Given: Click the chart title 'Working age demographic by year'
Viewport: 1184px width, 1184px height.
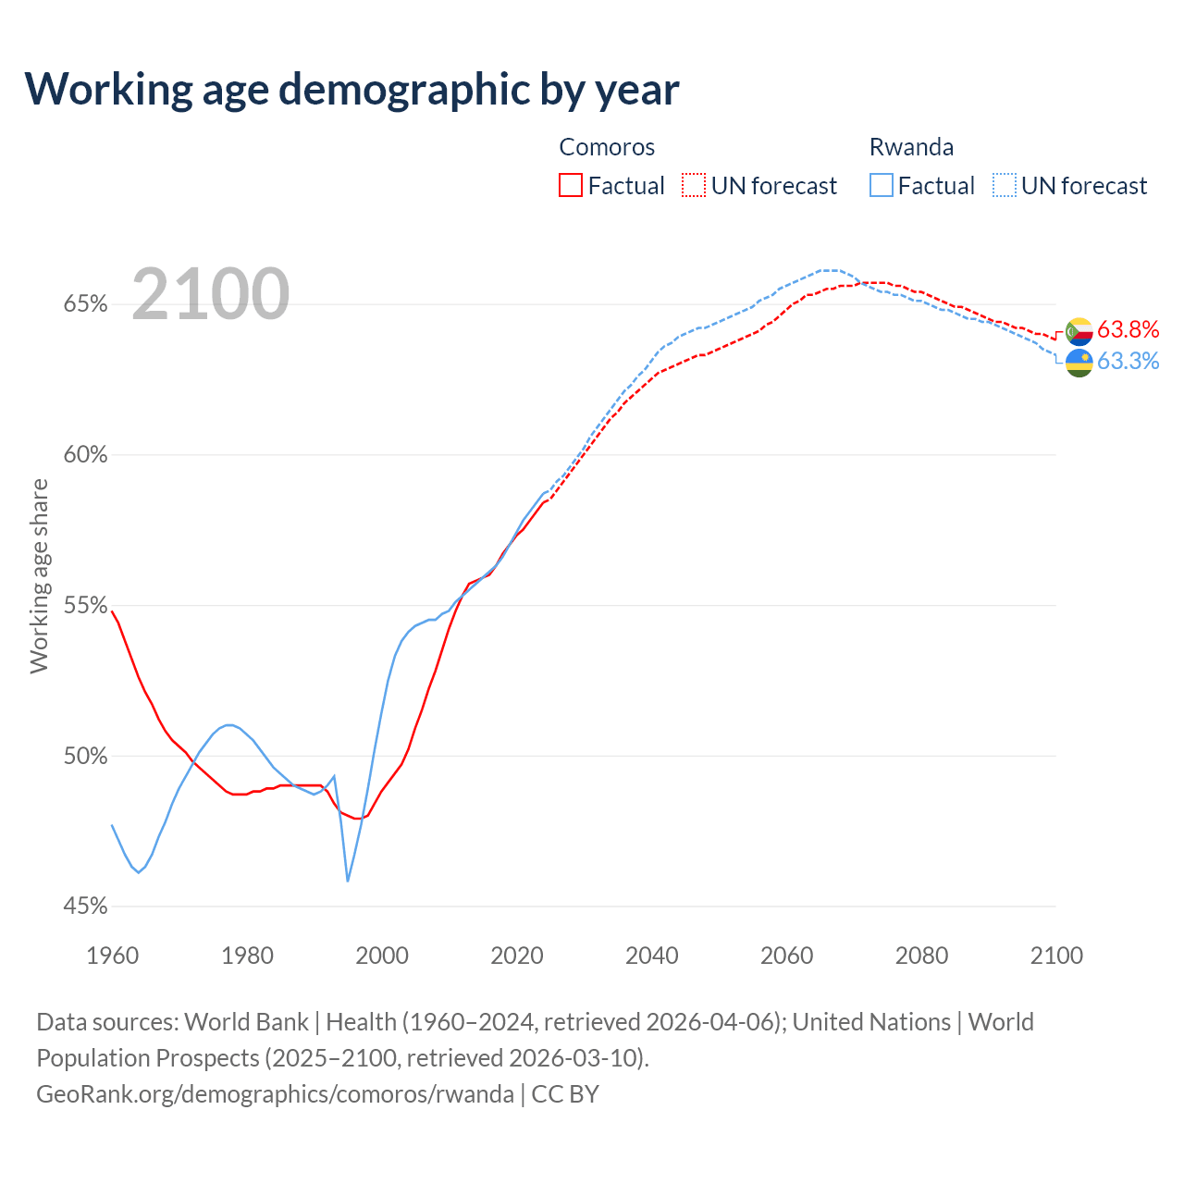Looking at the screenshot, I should [x=351, y=90].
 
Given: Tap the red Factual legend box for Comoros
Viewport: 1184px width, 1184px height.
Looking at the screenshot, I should [x=571, y=186].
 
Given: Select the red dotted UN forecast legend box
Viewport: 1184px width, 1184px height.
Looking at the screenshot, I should [x=694, y=186].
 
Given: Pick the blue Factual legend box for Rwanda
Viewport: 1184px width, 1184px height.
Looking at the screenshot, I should [x=881, y=186].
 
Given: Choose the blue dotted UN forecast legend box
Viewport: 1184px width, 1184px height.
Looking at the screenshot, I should [x=1004, y=186].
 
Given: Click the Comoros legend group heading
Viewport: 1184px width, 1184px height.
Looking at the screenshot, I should [x=607, y=147].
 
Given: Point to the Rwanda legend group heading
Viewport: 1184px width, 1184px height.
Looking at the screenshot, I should [x=911, y=147].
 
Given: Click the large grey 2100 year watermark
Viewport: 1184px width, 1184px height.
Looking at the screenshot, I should [x=211, y=294].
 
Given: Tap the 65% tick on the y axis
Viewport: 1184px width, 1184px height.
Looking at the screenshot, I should [x=85, y=304].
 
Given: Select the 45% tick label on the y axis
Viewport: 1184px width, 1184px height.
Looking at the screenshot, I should [x=85, y=906].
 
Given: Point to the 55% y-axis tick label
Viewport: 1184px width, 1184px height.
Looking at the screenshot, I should [x=85, y=606].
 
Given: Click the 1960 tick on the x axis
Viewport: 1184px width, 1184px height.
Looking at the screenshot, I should [x=112, y=956].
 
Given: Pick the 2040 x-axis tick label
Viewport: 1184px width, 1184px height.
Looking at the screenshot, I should [x=651, y=956].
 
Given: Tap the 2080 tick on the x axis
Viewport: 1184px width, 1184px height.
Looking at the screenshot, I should [x=921, y=956].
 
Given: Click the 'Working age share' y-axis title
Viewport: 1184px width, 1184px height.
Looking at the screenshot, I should [x=39, y=575].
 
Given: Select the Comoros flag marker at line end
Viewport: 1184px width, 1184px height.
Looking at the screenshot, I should [x=1079, y=331].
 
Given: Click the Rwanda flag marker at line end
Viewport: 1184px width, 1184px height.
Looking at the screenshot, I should [x=1079, y=363].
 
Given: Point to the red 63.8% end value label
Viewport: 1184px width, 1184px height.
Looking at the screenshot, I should [x=1128, y=330].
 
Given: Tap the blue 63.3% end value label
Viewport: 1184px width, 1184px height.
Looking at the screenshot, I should [x=1128, y=362].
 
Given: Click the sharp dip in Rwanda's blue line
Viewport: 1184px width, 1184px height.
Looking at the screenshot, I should [x=348, y=880].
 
